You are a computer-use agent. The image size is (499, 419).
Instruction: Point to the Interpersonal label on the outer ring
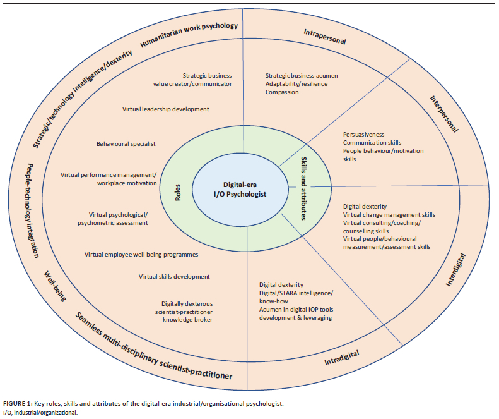point(443,114)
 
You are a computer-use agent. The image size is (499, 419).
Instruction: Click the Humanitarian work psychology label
point(189,35)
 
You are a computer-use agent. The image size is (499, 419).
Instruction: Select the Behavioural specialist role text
point(126,143)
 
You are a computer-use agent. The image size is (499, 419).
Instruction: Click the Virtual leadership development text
point(165,109)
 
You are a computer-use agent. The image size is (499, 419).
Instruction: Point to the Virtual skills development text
point(174,276)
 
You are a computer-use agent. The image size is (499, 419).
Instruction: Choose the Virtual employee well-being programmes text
point(141,255)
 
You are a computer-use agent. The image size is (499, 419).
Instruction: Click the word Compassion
point(283,92)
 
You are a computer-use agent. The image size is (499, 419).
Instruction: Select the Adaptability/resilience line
point(296,84)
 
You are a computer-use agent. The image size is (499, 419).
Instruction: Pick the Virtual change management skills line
point(389,214)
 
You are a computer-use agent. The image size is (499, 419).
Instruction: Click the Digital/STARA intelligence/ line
point(296,293)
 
